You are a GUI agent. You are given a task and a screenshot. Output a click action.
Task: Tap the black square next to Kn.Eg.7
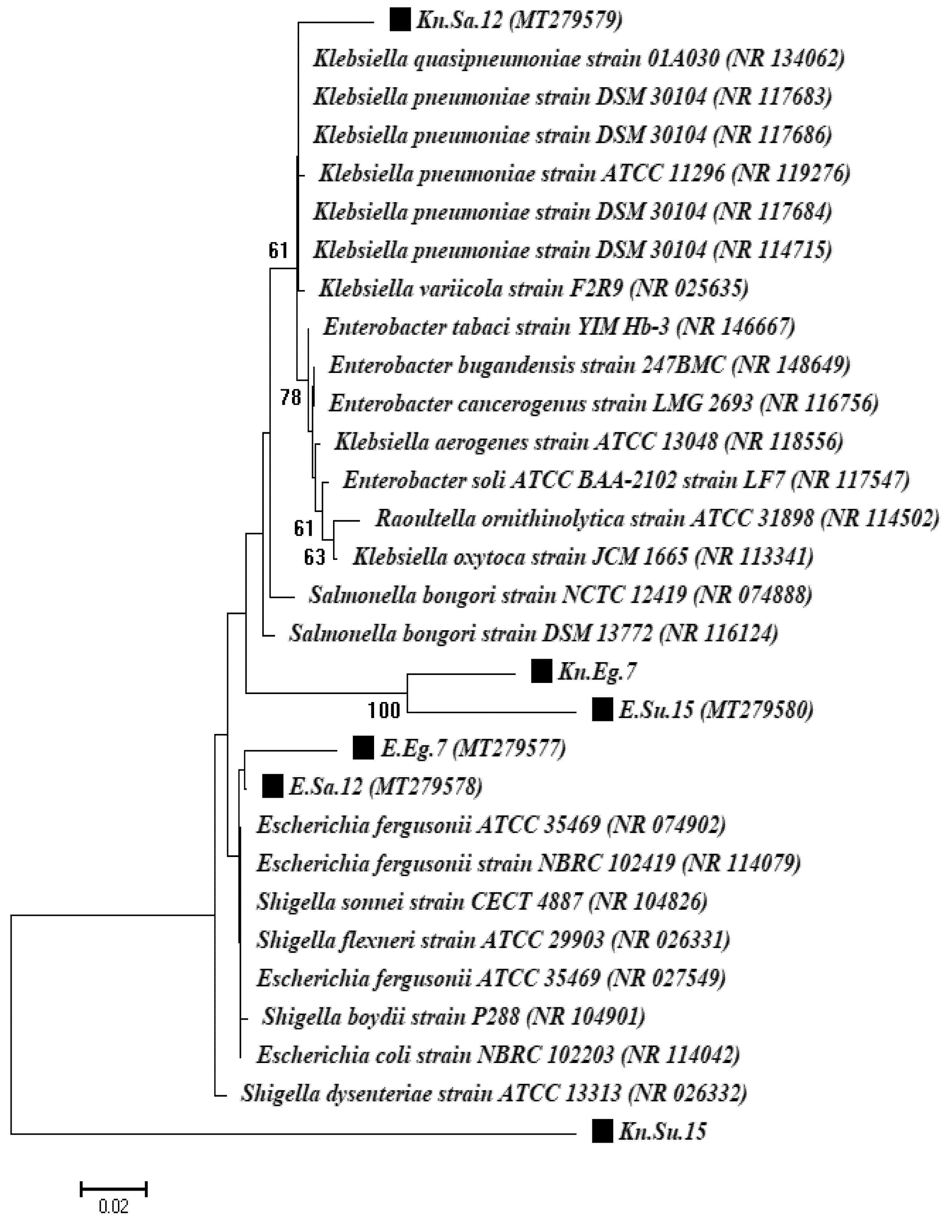click(x=541, y=671)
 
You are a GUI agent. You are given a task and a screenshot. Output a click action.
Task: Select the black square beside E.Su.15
click(x=602, y=709)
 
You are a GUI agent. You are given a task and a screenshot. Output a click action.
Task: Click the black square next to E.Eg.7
click(x=363, y=748)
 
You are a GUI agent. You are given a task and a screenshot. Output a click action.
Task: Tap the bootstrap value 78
click(x=291, y=398)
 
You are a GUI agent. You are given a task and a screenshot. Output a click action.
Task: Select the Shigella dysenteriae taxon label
click(x=493, y=1093)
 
